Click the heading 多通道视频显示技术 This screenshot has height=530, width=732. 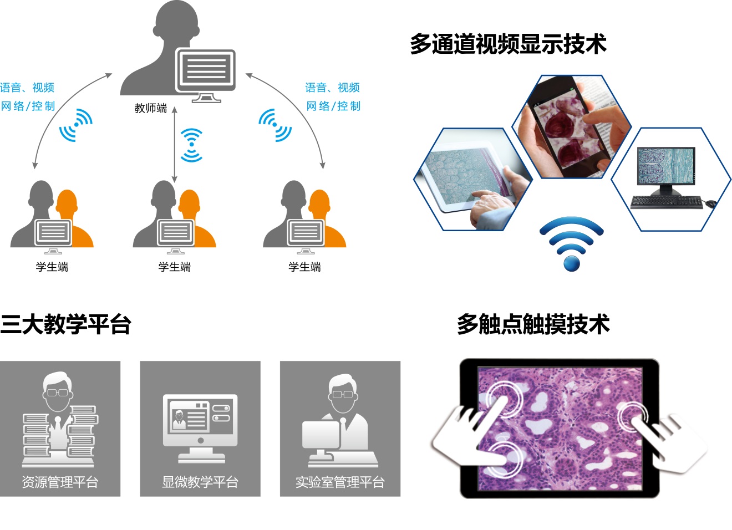coord(508,44)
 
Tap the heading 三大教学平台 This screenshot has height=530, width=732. coord(65,324)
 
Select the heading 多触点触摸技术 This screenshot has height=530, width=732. coord(533,324)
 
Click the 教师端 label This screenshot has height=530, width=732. coord(151,108)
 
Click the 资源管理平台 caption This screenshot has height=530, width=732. coord(60,482)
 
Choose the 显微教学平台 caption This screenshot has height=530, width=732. coord(200,482)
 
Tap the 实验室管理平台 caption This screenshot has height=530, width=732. coord(340,482)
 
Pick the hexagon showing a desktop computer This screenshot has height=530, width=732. coord(671,179)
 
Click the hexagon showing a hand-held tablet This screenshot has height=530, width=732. coord(473,179)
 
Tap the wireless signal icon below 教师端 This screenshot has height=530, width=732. coord(192,145)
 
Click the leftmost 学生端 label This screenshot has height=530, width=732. coord(52,267)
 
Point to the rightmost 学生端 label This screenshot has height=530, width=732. coord(304,267)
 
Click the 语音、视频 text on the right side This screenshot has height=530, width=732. coord(332,88)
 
